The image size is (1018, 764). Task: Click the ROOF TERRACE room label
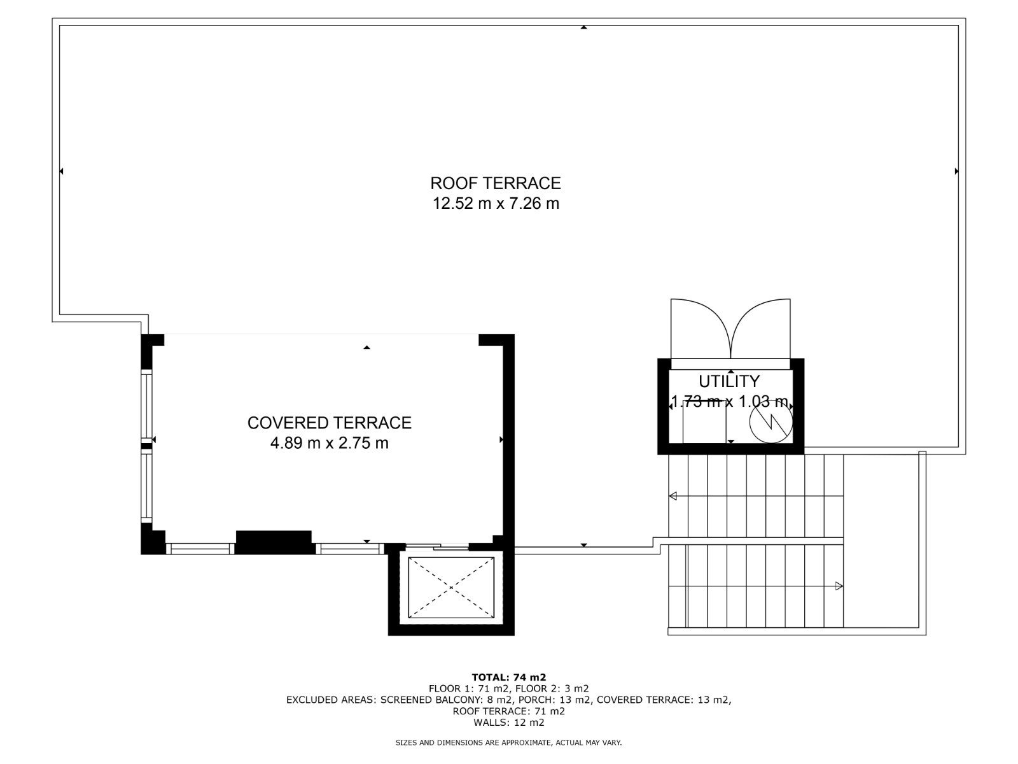(x=496, y=183)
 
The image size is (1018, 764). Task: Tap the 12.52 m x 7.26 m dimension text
(x=496, y=204)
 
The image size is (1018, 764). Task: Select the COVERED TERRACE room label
(x=329, y=423)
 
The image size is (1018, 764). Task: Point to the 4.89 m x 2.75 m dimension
(x=329, y=443)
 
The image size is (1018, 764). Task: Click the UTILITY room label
(x=729, y=381)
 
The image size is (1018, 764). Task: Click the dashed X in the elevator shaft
(x=451, y=588)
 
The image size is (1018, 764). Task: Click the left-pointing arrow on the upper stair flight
(x=673, y=496)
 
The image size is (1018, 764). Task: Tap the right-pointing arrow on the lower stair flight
(x=839, y=586)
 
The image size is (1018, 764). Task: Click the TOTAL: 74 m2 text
(x=508, y=677)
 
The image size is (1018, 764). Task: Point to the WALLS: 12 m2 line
(x=508, y=723)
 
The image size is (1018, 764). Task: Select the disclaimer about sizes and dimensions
(x=508, y=742)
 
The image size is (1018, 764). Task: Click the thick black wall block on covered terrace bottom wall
(x=274, y=541)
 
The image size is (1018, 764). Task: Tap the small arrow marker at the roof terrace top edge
(x=583, y=27)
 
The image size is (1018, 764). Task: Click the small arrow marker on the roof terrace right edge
(x=956, y=171)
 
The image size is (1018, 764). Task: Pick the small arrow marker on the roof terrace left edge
(x=62, y=171)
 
